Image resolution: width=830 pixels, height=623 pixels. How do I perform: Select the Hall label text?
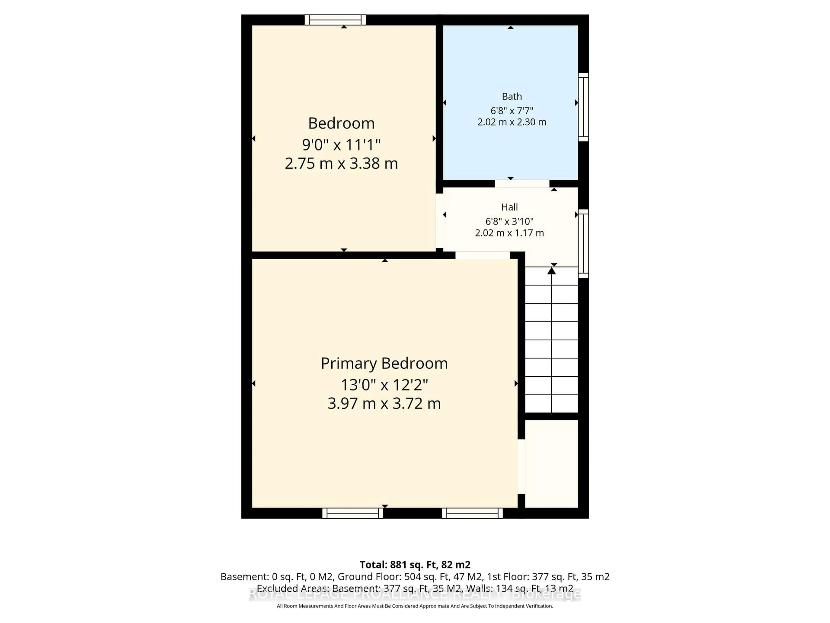[x=509, y=207]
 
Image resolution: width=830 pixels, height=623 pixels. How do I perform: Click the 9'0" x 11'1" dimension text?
[x=341, y=144]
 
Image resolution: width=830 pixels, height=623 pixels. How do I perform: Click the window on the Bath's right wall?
[x=583, y=107]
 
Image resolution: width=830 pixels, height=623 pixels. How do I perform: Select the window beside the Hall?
[x=583, y=243]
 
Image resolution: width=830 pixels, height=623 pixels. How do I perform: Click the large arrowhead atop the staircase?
[x=551, y=270]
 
